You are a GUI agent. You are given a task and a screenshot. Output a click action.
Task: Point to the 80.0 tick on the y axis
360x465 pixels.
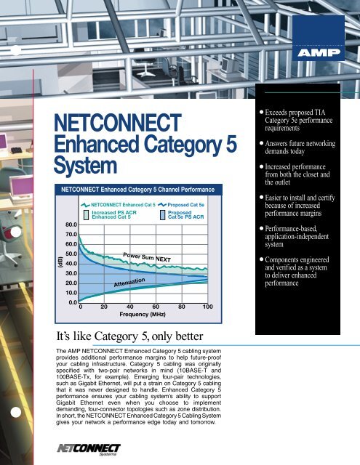tap(71, 225)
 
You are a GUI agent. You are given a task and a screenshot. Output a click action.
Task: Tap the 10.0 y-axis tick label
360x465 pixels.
tap(71, 291)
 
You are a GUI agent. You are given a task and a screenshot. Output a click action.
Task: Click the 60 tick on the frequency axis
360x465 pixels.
tap(156, 308)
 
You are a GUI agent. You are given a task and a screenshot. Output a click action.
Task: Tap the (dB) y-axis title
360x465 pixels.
tap(49, 257)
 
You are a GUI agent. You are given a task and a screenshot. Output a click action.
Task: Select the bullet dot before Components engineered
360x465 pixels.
tap(263, 259)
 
